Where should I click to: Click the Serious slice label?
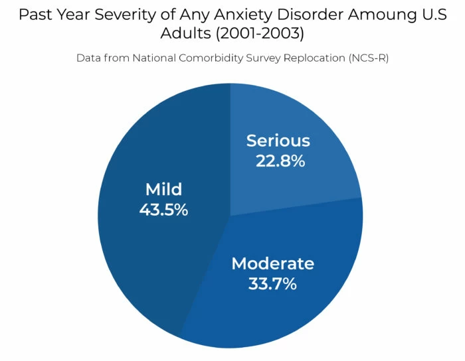point(278,141)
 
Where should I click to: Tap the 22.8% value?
point(280,161)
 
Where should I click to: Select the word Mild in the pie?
point(163,189)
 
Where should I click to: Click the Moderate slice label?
point(272,263)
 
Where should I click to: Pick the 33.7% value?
point(272,284)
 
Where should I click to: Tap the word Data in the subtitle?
point(88,58)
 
